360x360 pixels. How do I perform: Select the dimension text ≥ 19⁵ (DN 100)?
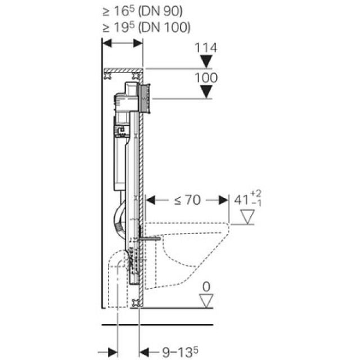(x=147, y=27)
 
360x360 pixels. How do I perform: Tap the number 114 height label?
(x=206, y=48)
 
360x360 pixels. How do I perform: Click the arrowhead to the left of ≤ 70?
(x=150, y=199)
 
